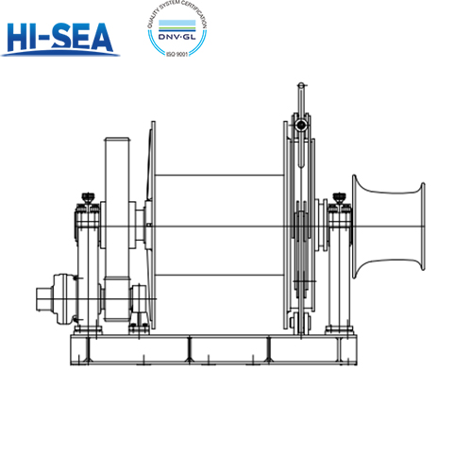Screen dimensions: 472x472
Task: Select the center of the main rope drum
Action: point(219,225)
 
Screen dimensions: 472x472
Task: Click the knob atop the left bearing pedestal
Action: point(87,196)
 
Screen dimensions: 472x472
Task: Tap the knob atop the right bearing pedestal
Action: point(338,197)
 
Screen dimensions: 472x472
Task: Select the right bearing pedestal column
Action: point(338,274)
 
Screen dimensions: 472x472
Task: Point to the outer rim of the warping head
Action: point(412,228)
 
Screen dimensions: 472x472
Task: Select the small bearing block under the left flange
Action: point(139,304)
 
